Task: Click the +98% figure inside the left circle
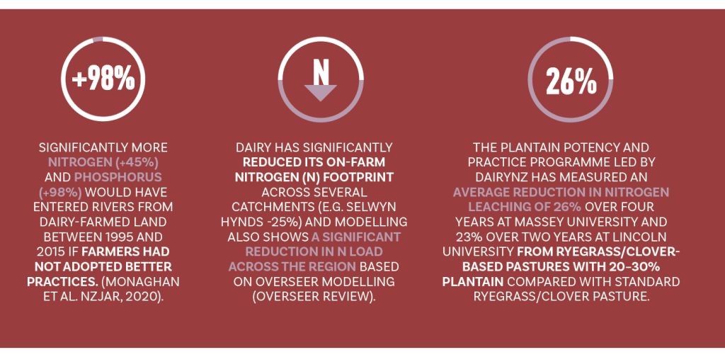(103, 79)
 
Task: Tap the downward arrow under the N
(320, 91)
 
